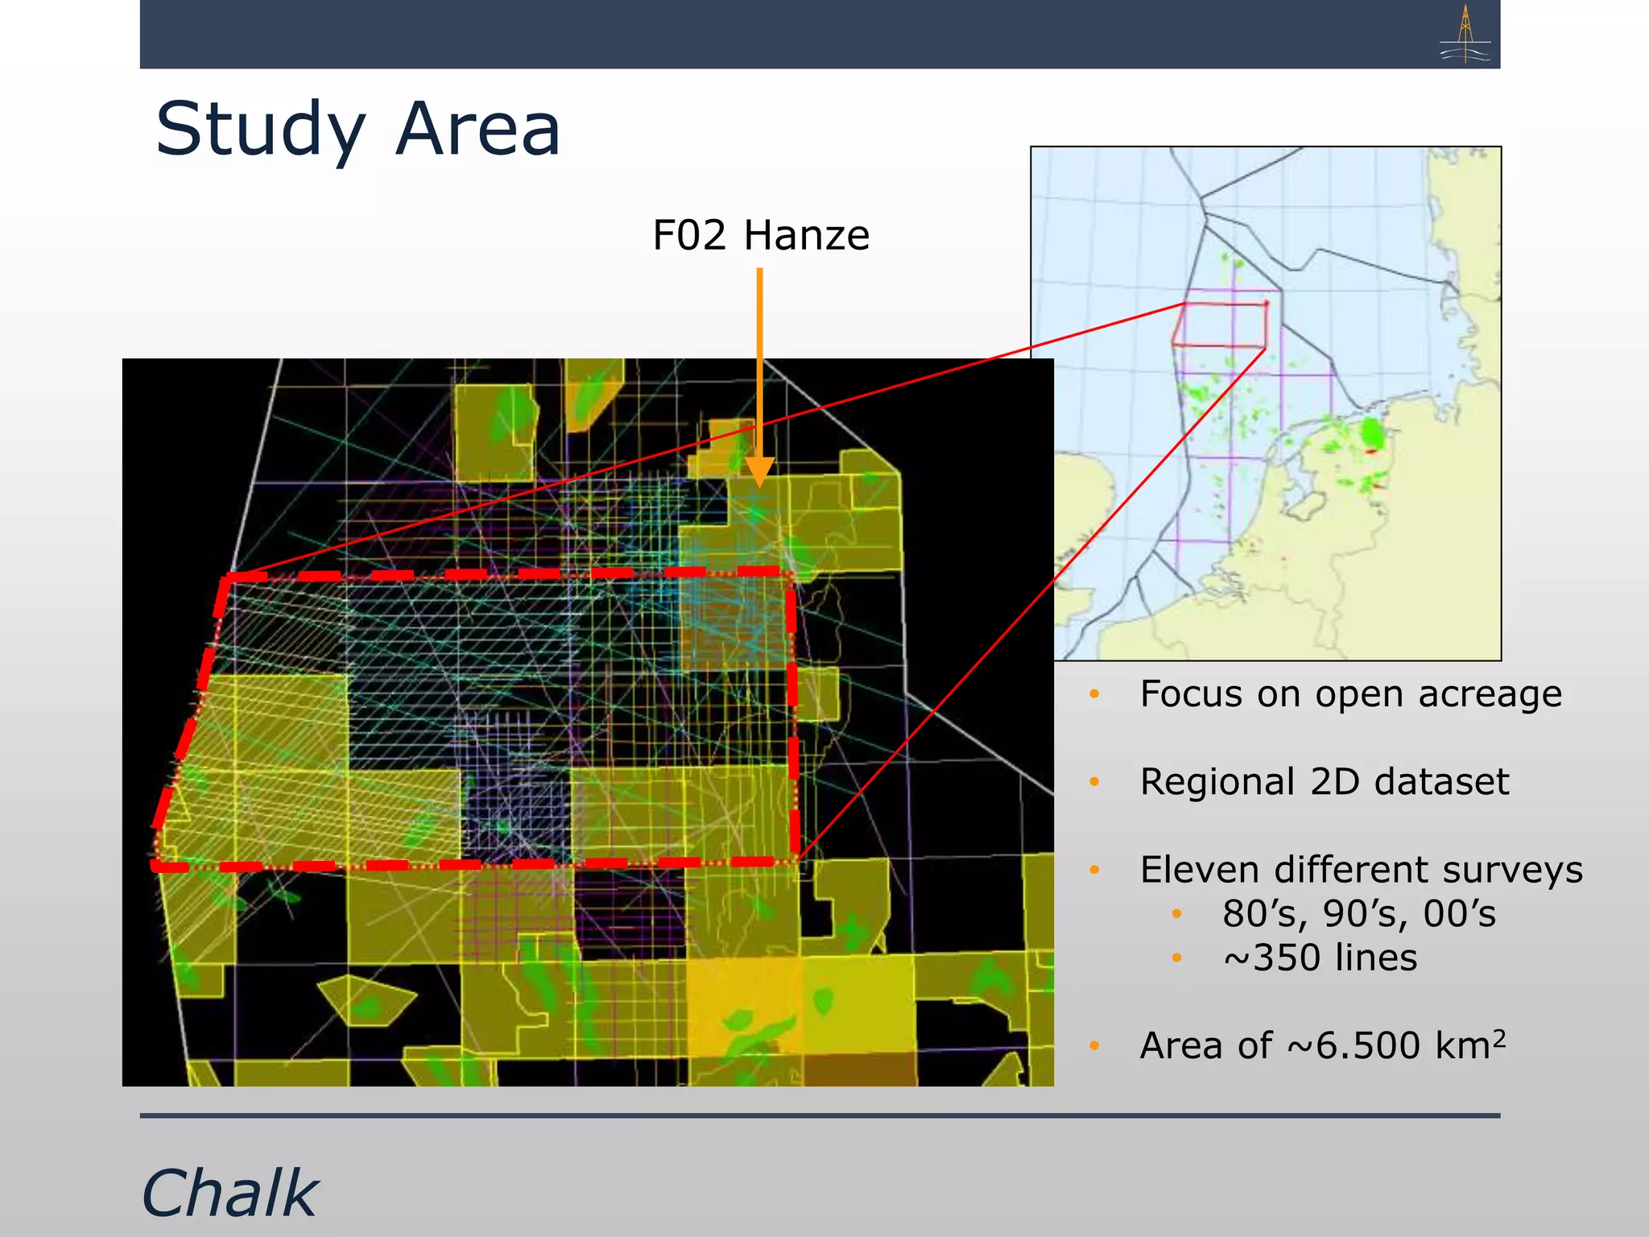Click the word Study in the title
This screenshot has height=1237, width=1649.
coord(260,130)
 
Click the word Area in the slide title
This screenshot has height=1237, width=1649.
coord(477,130)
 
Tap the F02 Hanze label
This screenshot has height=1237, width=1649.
coord(761,235)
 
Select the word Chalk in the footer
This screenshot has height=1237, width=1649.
coord(230,1193)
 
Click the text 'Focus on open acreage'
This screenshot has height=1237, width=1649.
coord(1350,693)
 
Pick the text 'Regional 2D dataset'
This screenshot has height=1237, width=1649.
coord(1324,781)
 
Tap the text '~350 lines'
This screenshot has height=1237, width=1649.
coord(1320,958)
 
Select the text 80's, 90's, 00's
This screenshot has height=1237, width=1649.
coord(1358,913)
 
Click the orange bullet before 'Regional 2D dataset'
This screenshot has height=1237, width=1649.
coord(1094,781)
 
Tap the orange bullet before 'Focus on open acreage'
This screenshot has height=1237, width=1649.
coord(1094,693)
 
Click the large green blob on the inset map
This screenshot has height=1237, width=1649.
coord(1371,435)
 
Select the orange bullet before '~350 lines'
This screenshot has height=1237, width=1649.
coord(1176,958)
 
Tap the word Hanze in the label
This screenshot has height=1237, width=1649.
coord(806,235)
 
